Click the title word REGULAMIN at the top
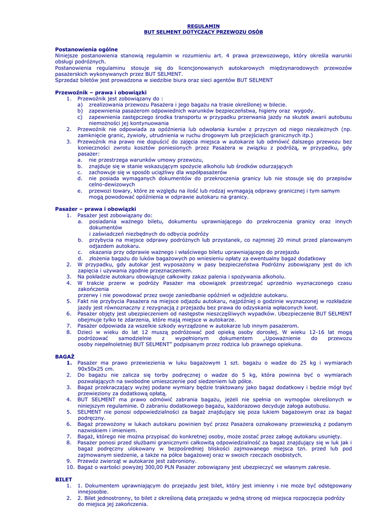click(x=203, y=26)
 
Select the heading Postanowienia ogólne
click(x=86, y=49)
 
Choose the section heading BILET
click(x=63, y=479)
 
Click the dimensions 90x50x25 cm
click(x=95, y=368)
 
